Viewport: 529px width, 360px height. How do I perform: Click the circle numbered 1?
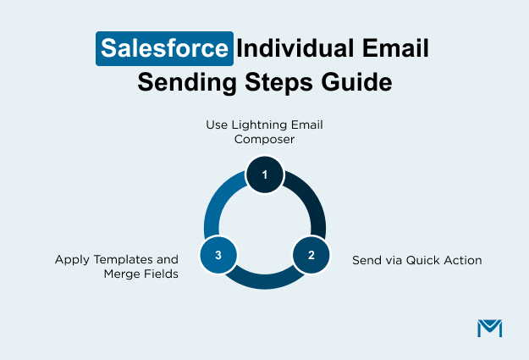[x=264, y=174]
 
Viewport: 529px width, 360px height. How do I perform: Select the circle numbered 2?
[x=311, y=254]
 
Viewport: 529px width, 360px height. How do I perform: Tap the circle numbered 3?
[x=218, y=254]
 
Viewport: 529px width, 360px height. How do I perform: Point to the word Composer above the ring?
[x=264, y=139]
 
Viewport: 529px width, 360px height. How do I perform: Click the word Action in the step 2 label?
[x=462, y=260]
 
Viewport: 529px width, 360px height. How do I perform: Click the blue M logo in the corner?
[x=489, y=328]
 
